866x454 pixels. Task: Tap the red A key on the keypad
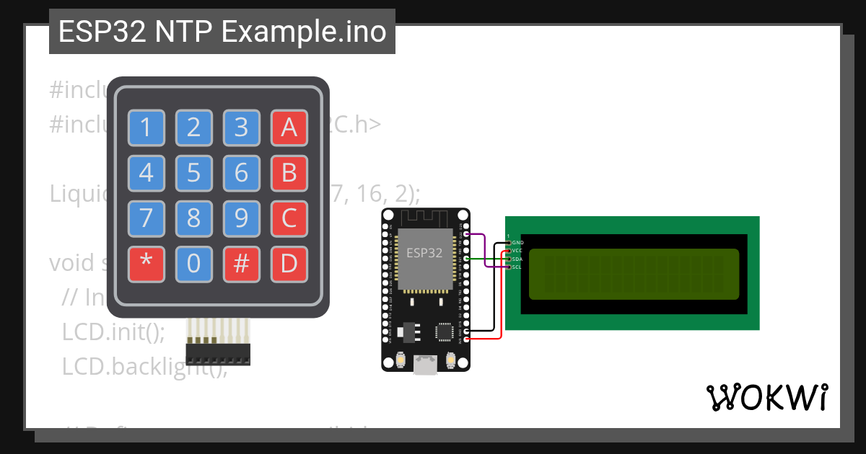click(289, 128)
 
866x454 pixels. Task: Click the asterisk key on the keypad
click(146, 264)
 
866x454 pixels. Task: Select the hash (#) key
click(241, 264)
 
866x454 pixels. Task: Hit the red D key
click(289, 264)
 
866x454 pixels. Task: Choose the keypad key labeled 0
click(193, 264)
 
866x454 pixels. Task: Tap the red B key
click(289, 173)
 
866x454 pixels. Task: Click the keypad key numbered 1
click(146, 128)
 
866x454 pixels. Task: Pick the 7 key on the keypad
click(146, 218)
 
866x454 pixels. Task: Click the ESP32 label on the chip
click(425, 252)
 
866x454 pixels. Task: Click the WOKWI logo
click(766, 398)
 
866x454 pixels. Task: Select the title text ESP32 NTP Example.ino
click(222, 32)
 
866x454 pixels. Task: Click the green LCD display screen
click(634, 274)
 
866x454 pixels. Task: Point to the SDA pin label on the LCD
click(517, 259)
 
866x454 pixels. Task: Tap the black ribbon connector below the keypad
click(218, 354)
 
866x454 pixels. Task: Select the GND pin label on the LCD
click(517, 243)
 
